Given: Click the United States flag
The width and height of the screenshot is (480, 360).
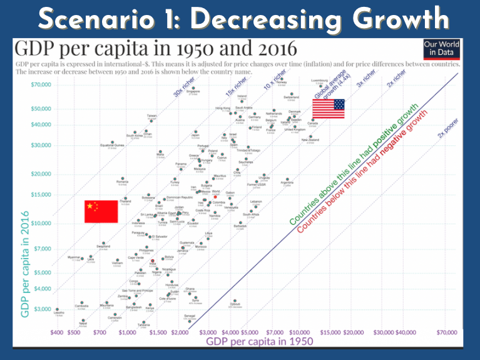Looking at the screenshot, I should coord(329,109).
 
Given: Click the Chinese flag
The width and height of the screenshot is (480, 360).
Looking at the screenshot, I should coord(101,212).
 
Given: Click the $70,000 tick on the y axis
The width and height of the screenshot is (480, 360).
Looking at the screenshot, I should coord(39,84).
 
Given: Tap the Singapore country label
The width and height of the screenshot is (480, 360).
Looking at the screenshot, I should coord(193,91).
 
